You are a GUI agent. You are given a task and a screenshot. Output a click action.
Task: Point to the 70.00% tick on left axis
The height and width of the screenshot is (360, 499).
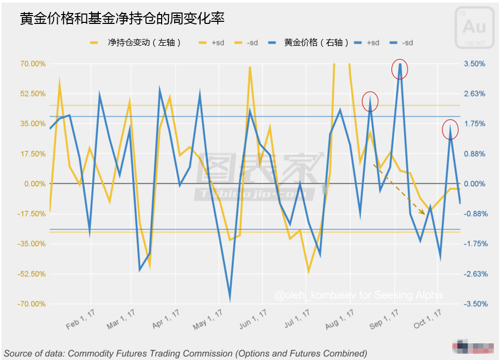32,64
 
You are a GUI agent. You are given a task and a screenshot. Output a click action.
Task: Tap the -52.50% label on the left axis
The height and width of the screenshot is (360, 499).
31,274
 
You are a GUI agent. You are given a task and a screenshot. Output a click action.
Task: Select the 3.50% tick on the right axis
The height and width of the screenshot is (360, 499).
474,64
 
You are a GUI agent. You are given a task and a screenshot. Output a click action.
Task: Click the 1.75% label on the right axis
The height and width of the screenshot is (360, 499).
474,124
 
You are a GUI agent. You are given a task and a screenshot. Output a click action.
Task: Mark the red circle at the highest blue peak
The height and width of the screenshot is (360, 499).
400,69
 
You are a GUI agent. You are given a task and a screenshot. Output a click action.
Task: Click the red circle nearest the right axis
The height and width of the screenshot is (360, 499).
450,128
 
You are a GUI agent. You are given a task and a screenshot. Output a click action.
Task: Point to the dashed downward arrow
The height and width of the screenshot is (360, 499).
400,188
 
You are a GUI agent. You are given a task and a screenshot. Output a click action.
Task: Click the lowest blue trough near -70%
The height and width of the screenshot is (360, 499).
230,299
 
